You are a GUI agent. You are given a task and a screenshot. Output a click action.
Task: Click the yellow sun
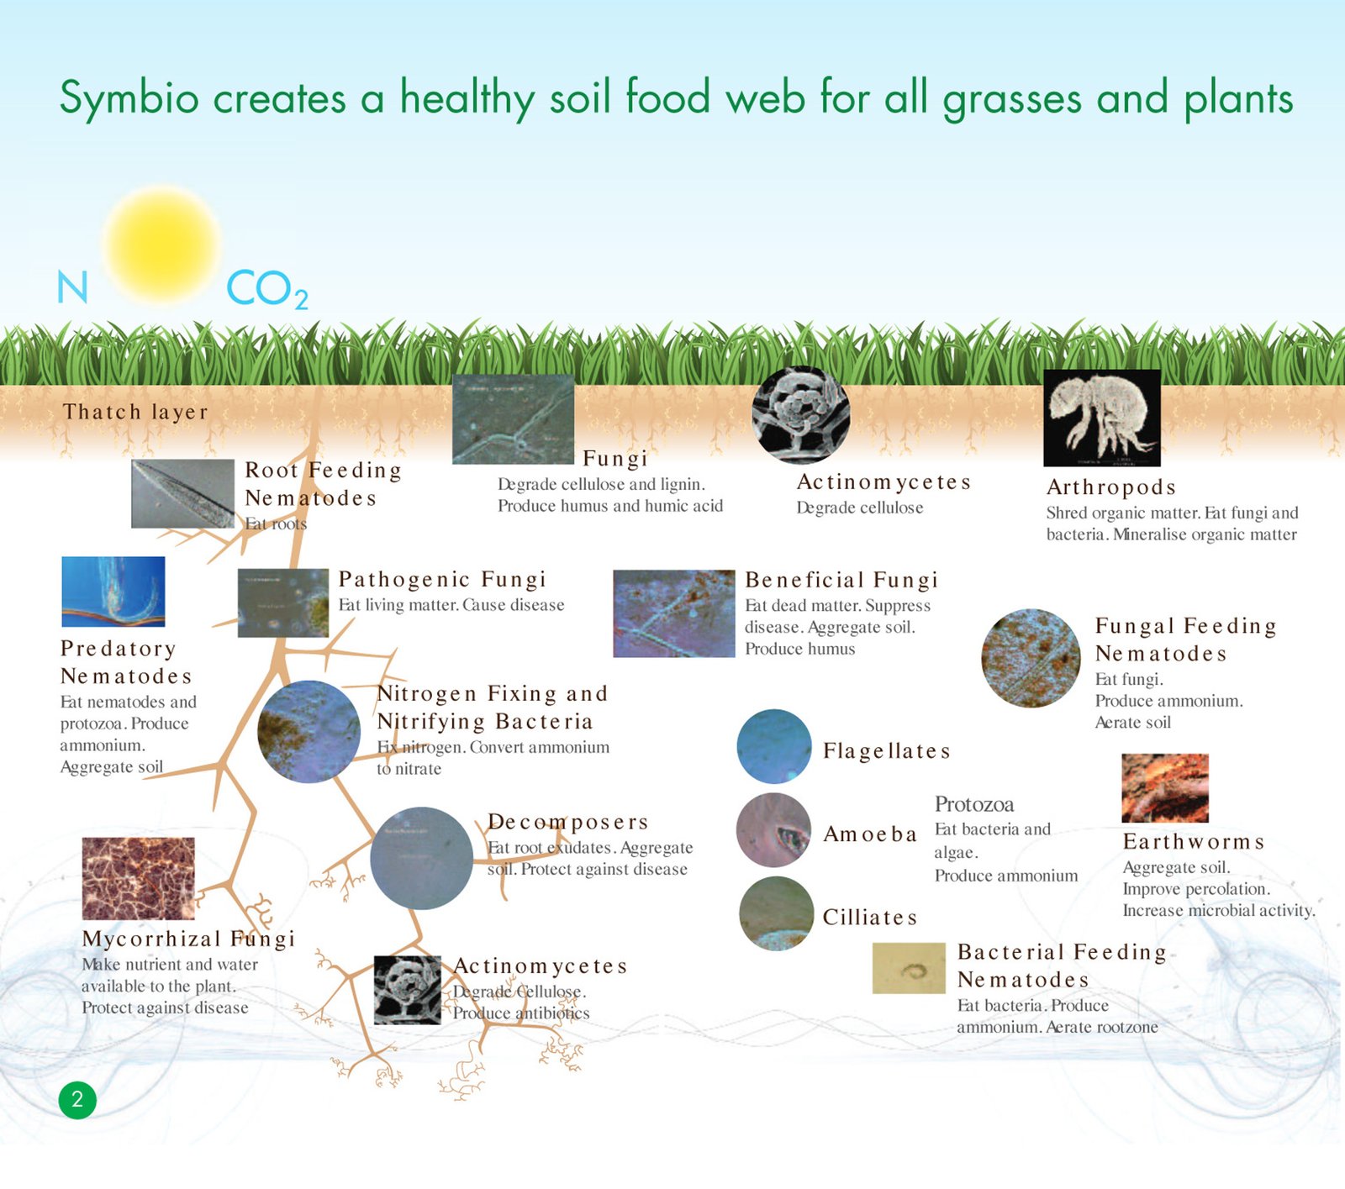[x=161, y=245]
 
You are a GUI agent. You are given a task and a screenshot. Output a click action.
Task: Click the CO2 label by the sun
[x=266, y=289]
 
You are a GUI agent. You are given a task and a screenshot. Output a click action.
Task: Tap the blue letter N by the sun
[x=72, y=287]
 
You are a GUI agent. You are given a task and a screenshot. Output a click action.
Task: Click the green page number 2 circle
[x=77, y=1099]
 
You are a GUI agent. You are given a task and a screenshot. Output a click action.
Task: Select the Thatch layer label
[x=135, y=412]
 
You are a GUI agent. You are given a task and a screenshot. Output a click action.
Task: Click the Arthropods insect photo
[x=1101, y=418]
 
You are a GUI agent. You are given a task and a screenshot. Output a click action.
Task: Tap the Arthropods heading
[x=1110, y=487]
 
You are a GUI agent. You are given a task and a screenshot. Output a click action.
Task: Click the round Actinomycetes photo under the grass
[x=800, y=415]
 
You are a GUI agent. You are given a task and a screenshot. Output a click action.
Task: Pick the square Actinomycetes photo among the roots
[x=407, y=990]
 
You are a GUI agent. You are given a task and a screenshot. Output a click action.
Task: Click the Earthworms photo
[x=1164, y=787]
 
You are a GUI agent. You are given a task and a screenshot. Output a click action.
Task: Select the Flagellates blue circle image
[x=773, y=746]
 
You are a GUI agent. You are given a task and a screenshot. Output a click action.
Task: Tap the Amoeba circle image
[x=773, y=830]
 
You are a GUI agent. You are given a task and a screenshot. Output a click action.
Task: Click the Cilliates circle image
[x=776, y=913]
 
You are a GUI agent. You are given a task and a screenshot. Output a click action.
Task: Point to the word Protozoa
[x=973, y=804]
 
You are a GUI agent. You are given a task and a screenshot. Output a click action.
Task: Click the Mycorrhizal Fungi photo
[x=138, y=878]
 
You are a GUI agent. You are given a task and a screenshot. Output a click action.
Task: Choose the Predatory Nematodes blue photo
[x=113, y=592]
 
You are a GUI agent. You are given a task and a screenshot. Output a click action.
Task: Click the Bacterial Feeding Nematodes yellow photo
[x=908, y=968]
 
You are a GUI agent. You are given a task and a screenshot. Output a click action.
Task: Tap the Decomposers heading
[x=568, y=822]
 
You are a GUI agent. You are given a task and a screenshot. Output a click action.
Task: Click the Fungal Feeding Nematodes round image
[x=1031, y=658]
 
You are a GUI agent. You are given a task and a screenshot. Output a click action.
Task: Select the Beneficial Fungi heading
[x=841, y=580]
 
